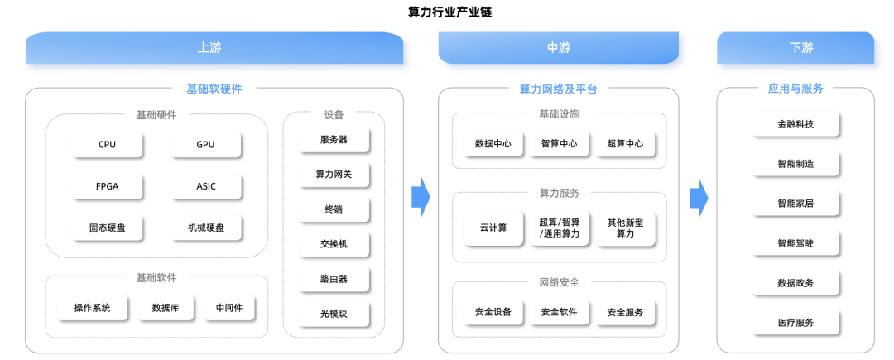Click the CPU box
point(107,145)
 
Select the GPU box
point(206,145)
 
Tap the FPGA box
point(107,186)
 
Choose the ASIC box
point(206,186)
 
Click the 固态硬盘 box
point(107,228)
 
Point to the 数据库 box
point(166,308)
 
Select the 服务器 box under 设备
point(334,140)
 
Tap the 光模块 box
point(334,314)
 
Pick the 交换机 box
point(334,244)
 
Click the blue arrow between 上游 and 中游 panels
point(421,197)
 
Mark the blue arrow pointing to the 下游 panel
point(699,197)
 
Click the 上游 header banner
point(214,48)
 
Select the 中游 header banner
point(558,48)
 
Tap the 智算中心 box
point(560,144)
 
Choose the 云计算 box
point(493,228)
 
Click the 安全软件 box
point(560,312)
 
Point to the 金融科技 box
point(796,124)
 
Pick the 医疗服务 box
point(796,323)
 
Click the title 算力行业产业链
point(449,12)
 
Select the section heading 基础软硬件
point(214,89)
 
